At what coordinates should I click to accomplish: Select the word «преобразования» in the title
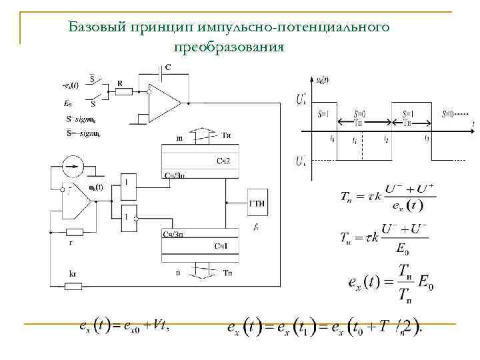pyautogui.click(x=229, y=47)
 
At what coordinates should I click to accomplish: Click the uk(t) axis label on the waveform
pyautogui.click(x=321, y=79)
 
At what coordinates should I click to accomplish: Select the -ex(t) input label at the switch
pyautogui.click(x=70, y=86)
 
